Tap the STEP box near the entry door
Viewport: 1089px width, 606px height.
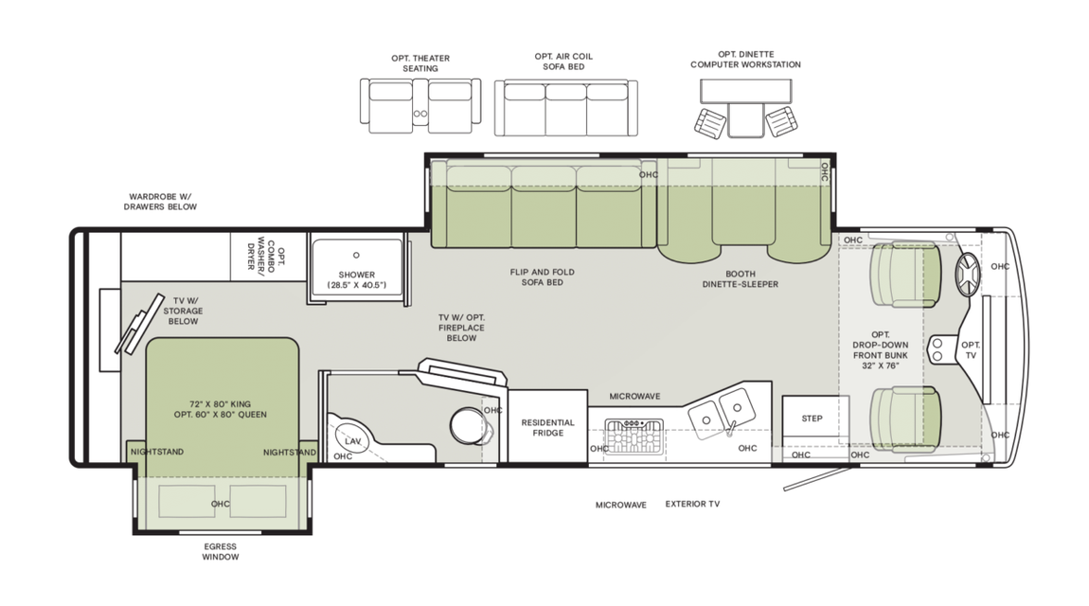coord(812,419)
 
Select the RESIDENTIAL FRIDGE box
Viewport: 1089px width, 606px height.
coord(547,428)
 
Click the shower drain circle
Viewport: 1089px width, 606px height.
coord(357,255)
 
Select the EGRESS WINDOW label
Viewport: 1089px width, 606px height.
coord(220,552)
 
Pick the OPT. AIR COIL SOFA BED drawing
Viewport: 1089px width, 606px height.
coord(564,108)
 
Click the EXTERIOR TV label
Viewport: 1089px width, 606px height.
coord(691,505)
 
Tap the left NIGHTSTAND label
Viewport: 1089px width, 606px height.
coord(156,452)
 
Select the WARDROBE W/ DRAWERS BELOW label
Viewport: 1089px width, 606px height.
coord(162,202)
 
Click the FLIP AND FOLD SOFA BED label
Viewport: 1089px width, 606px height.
coord(542,277)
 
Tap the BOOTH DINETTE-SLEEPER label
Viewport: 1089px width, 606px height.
coord(740,277)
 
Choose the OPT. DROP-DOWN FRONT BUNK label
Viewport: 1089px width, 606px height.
coord(881,350)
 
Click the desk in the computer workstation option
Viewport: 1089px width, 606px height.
coord(744,92)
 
